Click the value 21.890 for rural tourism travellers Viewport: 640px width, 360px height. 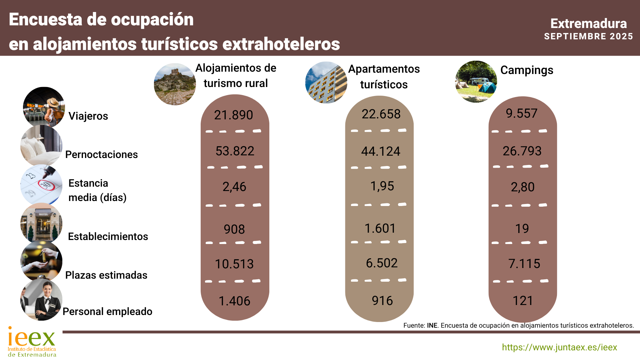coord(233,115)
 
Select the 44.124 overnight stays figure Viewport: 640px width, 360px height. coord(381,151)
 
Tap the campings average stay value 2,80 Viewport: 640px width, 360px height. coord(522,187)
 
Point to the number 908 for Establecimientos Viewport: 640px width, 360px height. coord(234,229)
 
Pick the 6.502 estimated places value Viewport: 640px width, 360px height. coord(382,263)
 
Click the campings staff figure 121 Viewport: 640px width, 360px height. coord(523,301)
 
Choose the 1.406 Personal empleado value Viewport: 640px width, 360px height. coord(234,301)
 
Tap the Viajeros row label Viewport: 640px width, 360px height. coord(88,116)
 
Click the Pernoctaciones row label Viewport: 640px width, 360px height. coord(101,154)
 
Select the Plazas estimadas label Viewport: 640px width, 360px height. coord(106,275)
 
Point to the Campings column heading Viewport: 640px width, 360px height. coord(527,70)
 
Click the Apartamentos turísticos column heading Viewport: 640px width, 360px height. coord(384,77)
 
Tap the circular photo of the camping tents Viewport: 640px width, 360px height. coord(476,82)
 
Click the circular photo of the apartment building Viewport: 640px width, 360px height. coord(326,83)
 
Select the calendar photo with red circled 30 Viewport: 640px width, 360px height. coord(41,184)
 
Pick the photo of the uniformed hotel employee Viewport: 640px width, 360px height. coord(41,300)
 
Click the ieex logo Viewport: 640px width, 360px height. coord(32,342)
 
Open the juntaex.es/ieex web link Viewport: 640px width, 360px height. coord(559,347)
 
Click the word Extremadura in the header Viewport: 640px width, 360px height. coord(588,24)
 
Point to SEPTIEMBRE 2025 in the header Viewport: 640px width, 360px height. coord(588,36)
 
